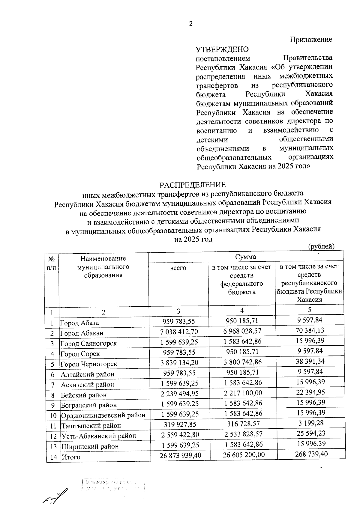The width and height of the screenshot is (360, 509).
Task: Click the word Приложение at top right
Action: click(311, 40)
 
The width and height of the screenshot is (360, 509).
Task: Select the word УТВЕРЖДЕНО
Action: click(222, 49)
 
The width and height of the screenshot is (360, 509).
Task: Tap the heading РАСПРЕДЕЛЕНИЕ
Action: click(192, 184)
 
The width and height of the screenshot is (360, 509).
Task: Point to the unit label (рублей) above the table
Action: click(321, 246)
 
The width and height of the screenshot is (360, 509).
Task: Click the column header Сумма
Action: click(245, 257)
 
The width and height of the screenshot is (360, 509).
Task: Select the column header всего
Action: click(178, 268)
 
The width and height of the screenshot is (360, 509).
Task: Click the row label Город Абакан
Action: click(82, 333)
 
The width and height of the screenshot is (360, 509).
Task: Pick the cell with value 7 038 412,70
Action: click(179, 332)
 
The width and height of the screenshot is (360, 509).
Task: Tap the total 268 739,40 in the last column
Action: click(311, 454)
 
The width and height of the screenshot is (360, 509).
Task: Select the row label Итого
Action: click(71, 457)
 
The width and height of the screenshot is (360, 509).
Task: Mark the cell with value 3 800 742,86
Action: click(243, 362)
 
